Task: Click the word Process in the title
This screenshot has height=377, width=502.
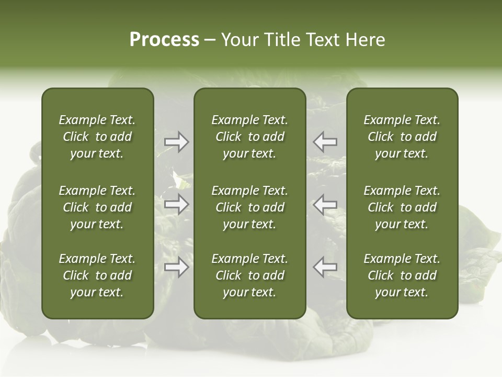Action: (x=164, y=40)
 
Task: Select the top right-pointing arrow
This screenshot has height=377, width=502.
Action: (x=176, y=142)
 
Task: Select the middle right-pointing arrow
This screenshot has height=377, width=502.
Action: (x=176, y=204)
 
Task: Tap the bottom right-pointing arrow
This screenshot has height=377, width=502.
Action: (x=176, y=268)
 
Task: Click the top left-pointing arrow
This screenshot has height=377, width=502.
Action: (x=325, y=142)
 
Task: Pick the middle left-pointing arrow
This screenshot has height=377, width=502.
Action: (x=325, y=204)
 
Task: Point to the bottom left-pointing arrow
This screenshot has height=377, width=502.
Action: (x=325, y=268)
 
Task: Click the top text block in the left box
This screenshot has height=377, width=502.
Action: (x=97, y=137)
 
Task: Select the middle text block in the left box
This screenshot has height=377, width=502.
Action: (x=97, y=207)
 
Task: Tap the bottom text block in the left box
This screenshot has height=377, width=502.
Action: (x=97, y=275)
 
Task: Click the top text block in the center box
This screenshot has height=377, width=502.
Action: (x=249, y=137)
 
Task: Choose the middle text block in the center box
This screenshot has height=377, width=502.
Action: (x=249, y=207)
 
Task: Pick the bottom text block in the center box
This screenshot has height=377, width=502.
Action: (x=249, y=275)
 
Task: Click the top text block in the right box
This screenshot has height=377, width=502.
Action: (x=402, y=137)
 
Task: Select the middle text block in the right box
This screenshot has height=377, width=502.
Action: (x=402, y=207)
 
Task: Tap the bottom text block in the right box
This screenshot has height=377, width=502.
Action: (x=402, y=275)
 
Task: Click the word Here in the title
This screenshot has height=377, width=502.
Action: (x=366, y=40)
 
